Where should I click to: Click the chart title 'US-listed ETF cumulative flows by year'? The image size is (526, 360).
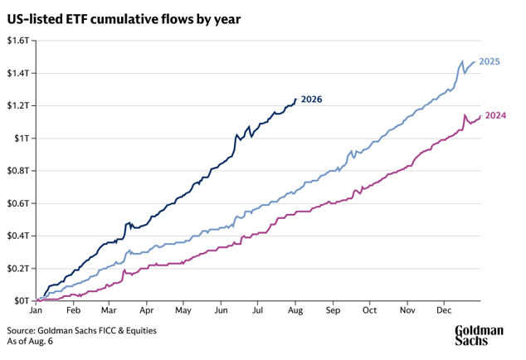tap(124, 19)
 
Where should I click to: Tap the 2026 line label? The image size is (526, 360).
tap(311, 100)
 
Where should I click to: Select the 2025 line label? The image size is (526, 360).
tap(489, 61)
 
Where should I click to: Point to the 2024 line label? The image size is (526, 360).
tap(495, 115)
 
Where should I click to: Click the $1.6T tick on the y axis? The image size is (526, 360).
tap(18, 41)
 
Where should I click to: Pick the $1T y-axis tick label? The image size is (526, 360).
tap(22, 139)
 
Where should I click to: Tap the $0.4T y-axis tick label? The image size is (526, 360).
tap(18, 236)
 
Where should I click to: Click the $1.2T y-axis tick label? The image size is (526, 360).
tap(18, 105)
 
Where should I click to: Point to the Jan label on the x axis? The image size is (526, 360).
tap(36, 310)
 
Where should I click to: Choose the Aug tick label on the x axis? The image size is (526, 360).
tap(295, 311)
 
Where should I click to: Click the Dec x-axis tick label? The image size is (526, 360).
tap(444, 310)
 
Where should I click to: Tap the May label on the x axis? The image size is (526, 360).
tap(183, 311)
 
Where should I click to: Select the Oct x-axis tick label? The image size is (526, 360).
tap(369, 310)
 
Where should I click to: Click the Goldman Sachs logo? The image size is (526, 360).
tap(479, 335)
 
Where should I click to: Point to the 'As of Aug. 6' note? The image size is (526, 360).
tap(30, 341)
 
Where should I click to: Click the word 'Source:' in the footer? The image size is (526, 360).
tap(21, 331)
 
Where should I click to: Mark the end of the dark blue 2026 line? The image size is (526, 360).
tap(295, 99)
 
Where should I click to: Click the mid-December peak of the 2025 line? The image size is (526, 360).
tap(462, 61)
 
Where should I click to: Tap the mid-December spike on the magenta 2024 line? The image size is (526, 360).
tap(465, 115)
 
